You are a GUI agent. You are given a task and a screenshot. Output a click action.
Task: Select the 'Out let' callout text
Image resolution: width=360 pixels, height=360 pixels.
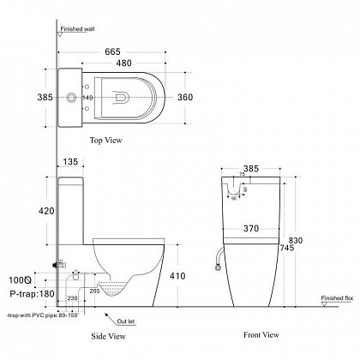click(126, 321)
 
